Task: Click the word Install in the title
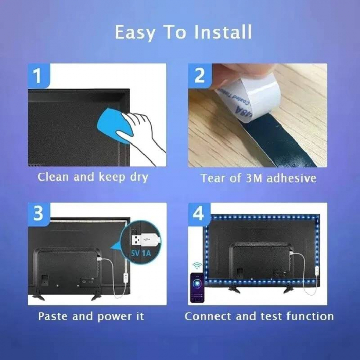[224, 32]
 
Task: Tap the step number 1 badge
[38, 76]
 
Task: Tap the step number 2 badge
[200, 76]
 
